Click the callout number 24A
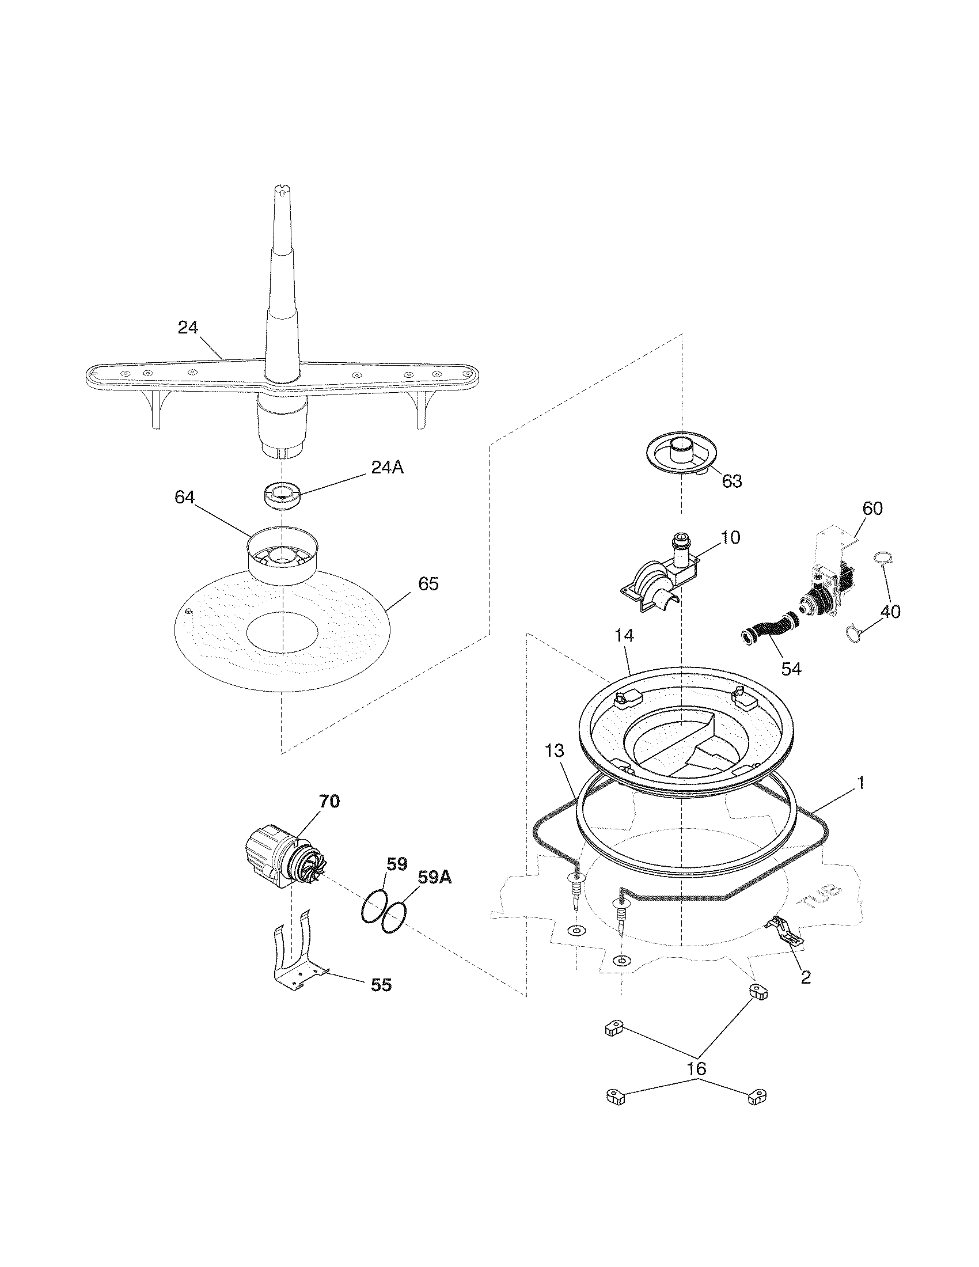[387, 468]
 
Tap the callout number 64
[184, 498]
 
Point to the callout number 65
[428, 584]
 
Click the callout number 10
[731, 538]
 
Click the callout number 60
[872, 509]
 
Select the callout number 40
[890, 612]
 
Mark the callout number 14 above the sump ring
[624, 635]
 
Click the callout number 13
[554, 750]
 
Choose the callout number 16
[697, 1068]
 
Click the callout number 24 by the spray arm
[187, 328]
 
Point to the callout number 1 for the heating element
[861, 783]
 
